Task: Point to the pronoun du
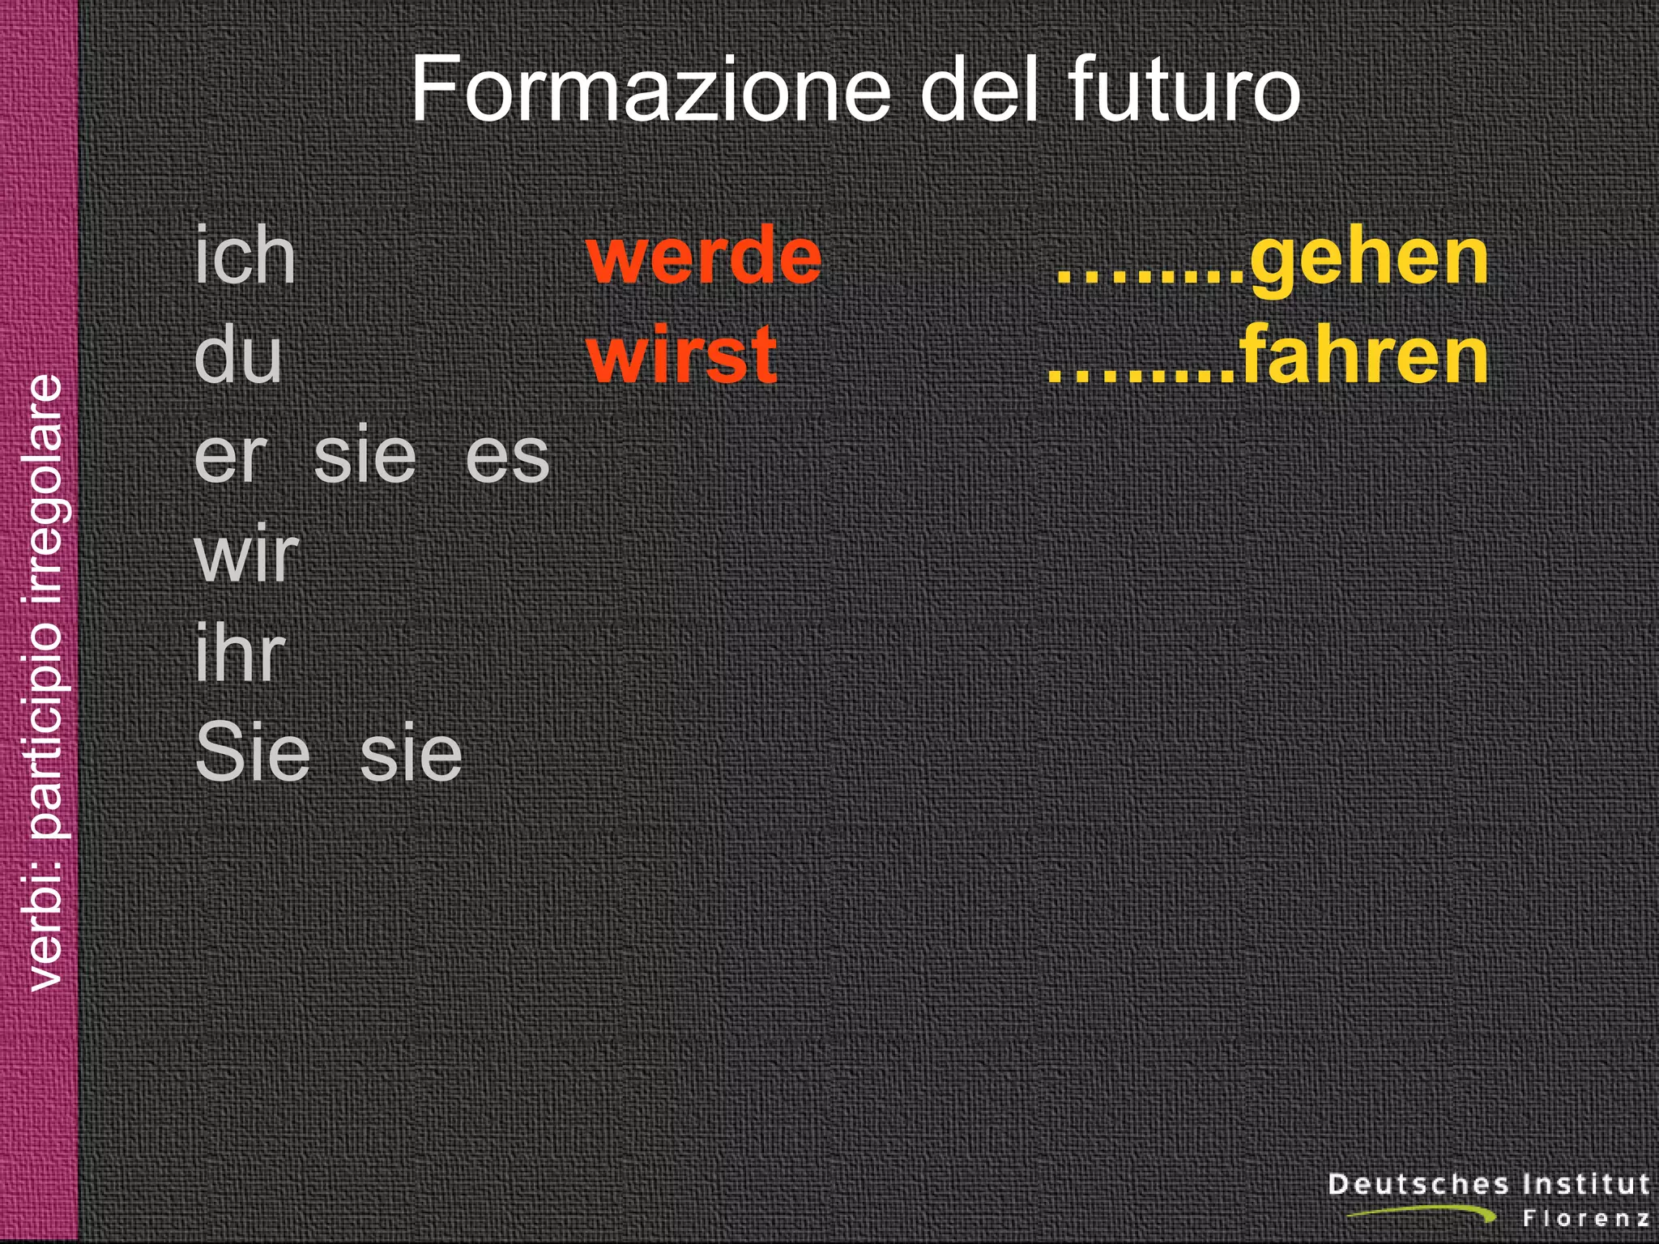pyautogui.click(x=238, y=356)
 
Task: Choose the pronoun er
pyautogui.click(x=231, y=457)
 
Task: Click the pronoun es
pyautogui.click(x=508, y=457)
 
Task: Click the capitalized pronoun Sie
pyautogui.click(x=253, y=753)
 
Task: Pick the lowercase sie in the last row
pyautogui.click(x=411, y=753)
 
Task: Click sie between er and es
pyautogui.click(x=365, y=457)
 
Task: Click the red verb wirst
pyautogui.click(x=682, y=356)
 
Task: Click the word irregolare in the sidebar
pyautogui.click(x=45, y=486)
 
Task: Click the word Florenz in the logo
pyautogui.click(x=1586, y=1218)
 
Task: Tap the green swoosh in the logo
pyautogui.click(x=1426, y=1212)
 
